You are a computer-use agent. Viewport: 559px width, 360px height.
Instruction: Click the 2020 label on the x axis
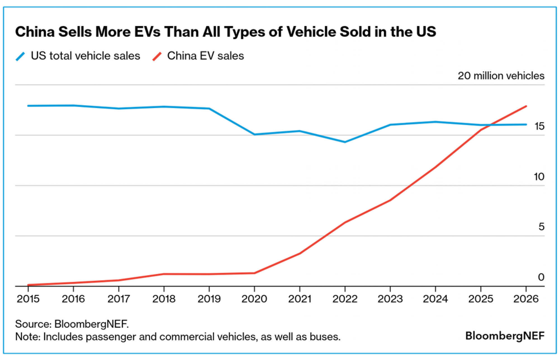254,299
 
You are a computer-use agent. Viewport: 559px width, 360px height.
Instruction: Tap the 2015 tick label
28,299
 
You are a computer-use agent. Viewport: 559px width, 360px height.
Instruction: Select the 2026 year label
526,299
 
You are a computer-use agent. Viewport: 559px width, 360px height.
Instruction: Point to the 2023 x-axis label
390,299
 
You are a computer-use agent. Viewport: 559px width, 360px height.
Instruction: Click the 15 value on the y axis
539,126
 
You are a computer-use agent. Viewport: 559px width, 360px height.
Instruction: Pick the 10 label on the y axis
539,177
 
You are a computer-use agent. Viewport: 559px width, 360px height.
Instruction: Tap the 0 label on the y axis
541,277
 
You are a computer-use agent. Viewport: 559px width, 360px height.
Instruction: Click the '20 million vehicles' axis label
501,76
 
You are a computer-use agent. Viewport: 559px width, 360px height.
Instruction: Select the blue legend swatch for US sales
20,56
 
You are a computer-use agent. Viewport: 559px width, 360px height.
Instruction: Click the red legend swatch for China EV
157,56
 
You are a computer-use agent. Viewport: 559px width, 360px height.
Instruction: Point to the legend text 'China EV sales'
205,56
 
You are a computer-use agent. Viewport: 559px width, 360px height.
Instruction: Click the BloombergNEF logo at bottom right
505,336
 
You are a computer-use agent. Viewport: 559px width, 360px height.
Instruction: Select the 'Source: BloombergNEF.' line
72,324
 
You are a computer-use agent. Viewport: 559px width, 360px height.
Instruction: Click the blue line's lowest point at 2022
345,142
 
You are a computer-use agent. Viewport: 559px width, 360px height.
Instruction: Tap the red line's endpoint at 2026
526,106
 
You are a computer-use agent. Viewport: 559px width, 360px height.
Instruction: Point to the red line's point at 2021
299,253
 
